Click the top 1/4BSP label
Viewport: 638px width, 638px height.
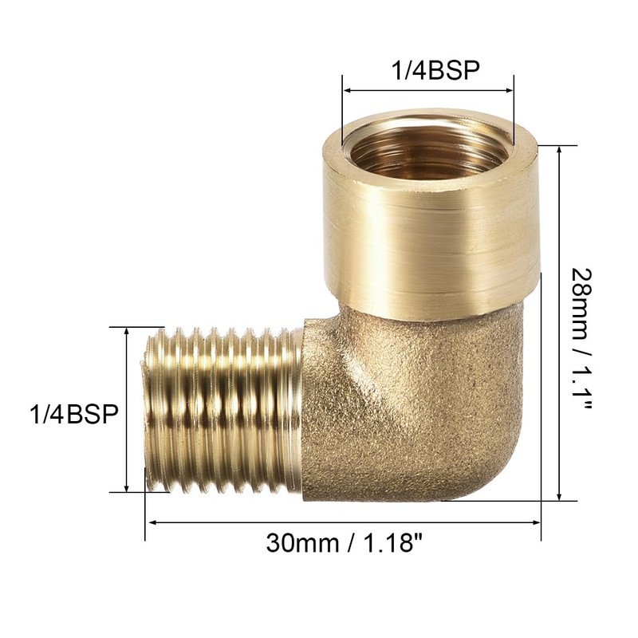tap(434, 70)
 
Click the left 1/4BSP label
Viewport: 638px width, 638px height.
tap(73, 414)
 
